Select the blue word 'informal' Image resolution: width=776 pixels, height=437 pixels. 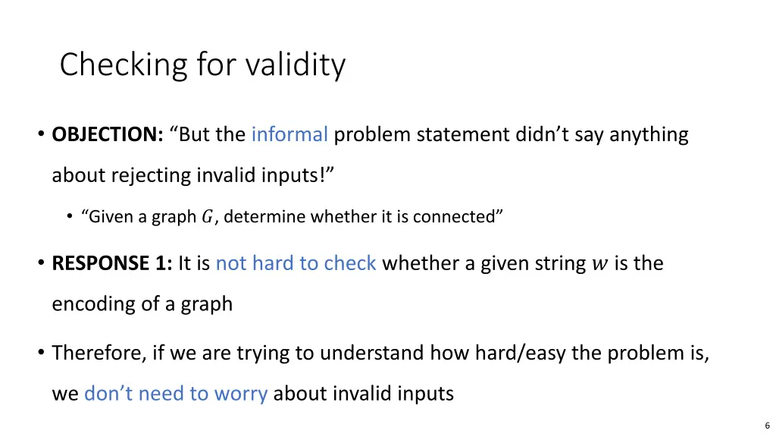point(289,135)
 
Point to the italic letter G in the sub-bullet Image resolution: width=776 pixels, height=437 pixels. point(207,217)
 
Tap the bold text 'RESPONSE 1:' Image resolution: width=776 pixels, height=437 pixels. point(112,263)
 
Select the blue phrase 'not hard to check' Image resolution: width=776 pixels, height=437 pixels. point(296,263)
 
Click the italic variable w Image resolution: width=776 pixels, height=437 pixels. point(599,264)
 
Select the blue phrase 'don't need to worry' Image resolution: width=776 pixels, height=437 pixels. point(175,394)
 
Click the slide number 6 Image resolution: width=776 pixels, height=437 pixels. point(767,426)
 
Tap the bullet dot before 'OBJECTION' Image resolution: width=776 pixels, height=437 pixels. point(40,136)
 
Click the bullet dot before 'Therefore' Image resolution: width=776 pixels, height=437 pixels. point(40,354)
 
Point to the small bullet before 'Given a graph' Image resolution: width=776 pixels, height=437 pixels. point(70,217)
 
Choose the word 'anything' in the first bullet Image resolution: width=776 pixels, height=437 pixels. point(649,135)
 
